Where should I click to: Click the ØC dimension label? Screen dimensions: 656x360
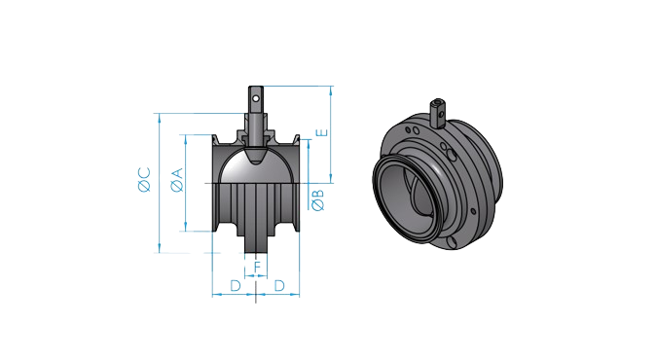coord(144,179)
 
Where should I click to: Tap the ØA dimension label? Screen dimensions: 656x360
coord(177,180)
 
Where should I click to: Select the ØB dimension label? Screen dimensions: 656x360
coord(318,199)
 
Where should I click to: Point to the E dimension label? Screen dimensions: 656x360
coord(322,133)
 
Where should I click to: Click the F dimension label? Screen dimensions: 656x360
coord(258,267)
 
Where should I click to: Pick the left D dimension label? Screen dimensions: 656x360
coord(236,286)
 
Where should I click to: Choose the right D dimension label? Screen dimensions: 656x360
coord(279,286)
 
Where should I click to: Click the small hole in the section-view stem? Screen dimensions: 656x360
coord(256,98)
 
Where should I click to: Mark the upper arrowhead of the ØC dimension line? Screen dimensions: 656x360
coord(160,117)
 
